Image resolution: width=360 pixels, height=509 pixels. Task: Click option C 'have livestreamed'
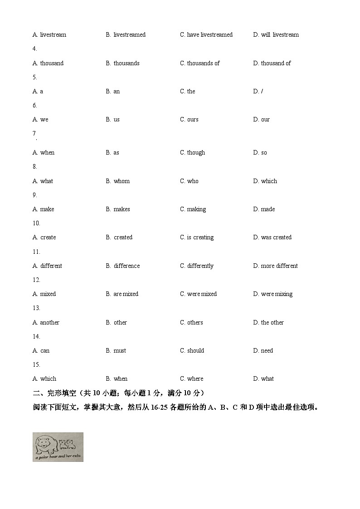[x=206, y=35]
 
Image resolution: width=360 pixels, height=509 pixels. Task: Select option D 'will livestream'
[x=276, y=35]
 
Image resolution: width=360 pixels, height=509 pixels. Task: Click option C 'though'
[x=192, y=153]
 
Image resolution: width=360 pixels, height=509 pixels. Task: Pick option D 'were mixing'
[x=272, y=294]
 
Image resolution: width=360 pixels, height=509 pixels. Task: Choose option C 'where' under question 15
[x=191, y=379]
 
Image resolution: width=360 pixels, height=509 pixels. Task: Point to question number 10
[x=36, y=223]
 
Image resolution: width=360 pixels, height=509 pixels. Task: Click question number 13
[x=36, y=308]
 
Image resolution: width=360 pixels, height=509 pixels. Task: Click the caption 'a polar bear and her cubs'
[x=58, y=458]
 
